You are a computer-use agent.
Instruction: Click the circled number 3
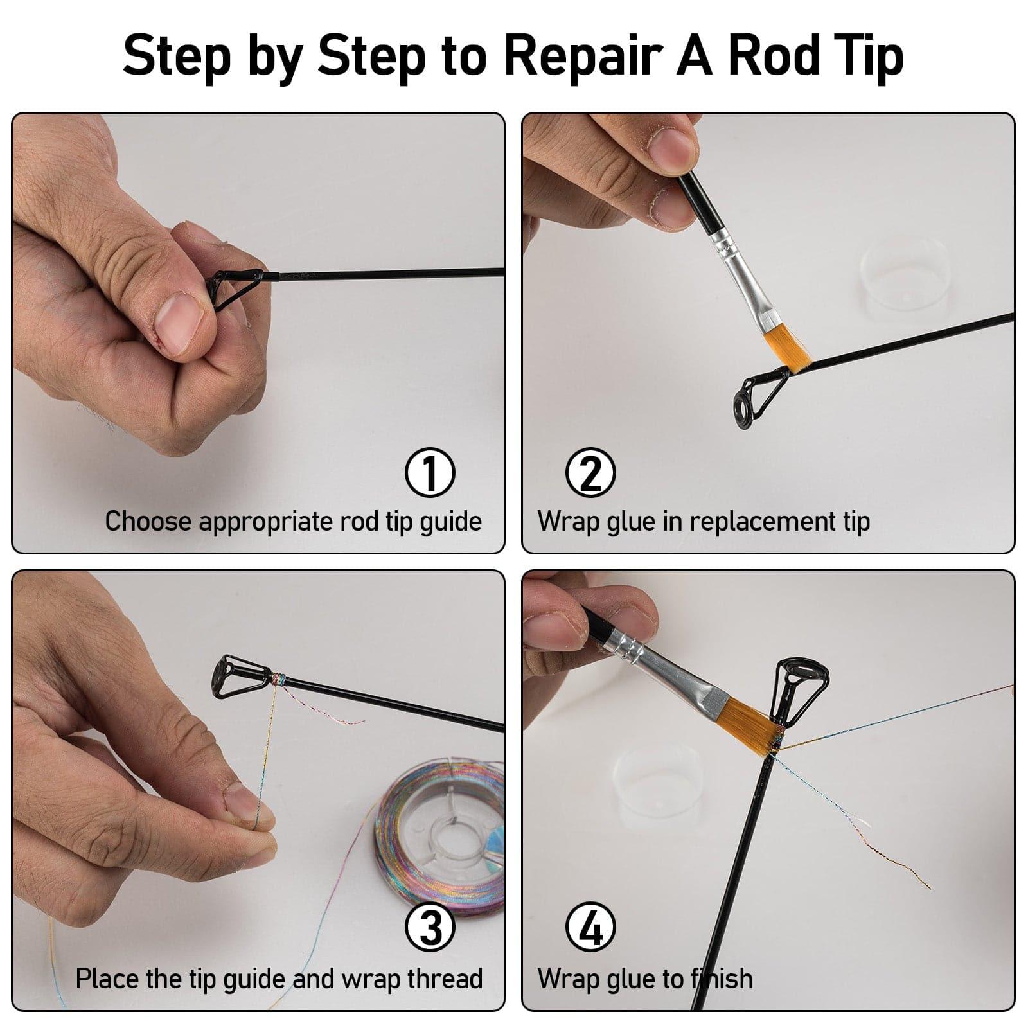430,929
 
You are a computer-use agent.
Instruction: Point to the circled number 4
590,929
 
